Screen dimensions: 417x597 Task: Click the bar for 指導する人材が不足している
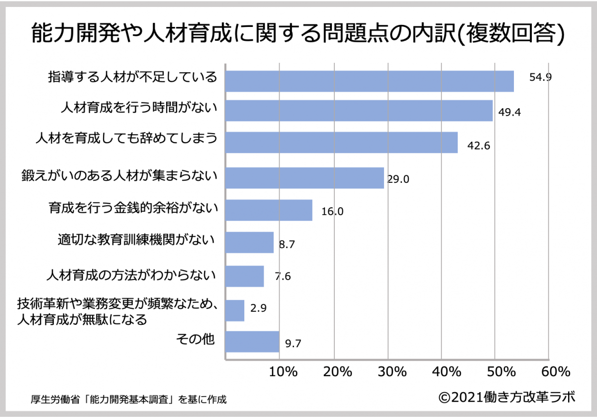coord(370,81)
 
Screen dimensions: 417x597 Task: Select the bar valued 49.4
coord(359,111)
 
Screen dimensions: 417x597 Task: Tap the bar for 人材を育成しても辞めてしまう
coord(341,142)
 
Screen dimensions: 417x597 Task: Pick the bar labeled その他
coord(252,342)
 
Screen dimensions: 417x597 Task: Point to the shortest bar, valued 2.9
coord(235,310)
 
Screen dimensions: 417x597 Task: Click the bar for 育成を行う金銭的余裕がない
coord(269,210)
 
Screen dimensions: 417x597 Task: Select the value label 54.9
coord(540,78)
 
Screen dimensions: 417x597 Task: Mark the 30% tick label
coord(392,372)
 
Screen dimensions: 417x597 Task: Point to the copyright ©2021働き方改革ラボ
coord(506,397)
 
